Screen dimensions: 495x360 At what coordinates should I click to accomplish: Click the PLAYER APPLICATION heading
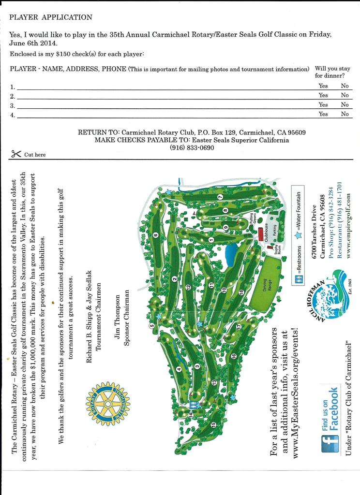point(51,17)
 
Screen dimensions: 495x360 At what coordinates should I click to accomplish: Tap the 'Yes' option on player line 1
point(323,86)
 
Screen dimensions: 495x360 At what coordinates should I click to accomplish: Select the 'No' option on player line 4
point(345,114)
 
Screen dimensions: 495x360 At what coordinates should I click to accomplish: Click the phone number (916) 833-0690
point(192,147)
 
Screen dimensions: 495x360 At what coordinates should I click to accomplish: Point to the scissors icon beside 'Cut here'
point(15,154)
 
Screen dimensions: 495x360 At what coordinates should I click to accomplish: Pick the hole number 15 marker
point(213,425)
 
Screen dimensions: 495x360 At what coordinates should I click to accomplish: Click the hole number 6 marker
point(156,235)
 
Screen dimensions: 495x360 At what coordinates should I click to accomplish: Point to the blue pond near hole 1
point(231,251)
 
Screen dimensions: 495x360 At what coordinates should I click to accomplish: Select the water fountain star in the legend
point(299,235)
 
